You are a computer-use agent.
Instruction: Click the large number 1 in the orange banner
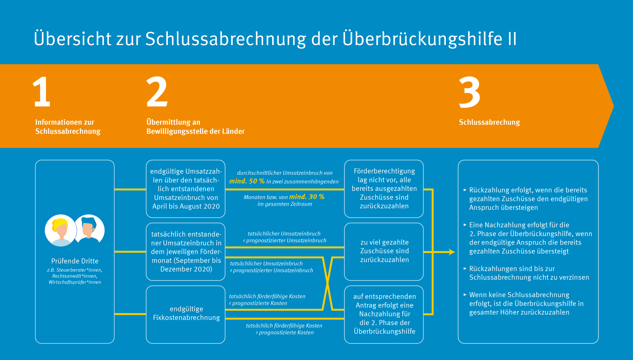point(42,92)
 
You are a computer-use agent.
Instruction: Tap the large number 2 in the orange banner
point(157,92)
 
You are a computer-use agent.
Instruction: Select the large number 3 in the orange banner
point(469,92)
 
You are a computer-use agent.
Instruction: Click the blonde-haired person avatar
point(61,230)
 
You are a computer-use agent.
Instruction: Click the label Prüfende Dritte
point(75,261)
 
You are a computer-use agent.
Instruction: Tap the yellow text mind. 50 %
point(247,181)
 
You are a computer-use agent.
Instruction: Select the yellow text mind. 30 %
point(307,197)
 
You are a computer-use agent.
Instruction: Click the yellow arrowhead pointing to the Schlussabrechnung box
point(452,252)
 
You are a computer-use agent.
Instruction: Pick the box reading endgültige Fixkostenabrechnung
point(186,314)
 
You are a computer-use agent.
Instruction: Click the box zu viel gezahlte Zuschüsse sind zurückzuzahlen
point(384,252)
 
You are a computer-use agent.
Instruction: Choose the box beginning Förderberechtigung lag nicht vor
point(384,189)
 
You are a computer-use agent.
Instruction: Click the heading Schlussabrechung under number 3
point(489,122)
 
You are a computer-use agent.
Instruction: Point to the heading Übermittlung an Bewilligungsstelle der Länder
point(195,127)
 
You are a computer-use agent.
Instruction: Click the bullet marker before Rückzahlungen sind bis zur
point(465,268)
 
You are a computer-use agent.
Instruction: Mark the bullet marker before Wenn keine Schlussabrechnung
point(465,294)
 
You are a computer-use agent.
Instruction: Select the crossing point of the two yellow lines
point(327,283)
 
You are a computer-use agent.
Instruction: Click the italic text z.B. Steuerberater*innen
point(75,270)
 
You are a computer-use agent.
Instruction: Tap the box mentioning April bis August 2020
point(186,189)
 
